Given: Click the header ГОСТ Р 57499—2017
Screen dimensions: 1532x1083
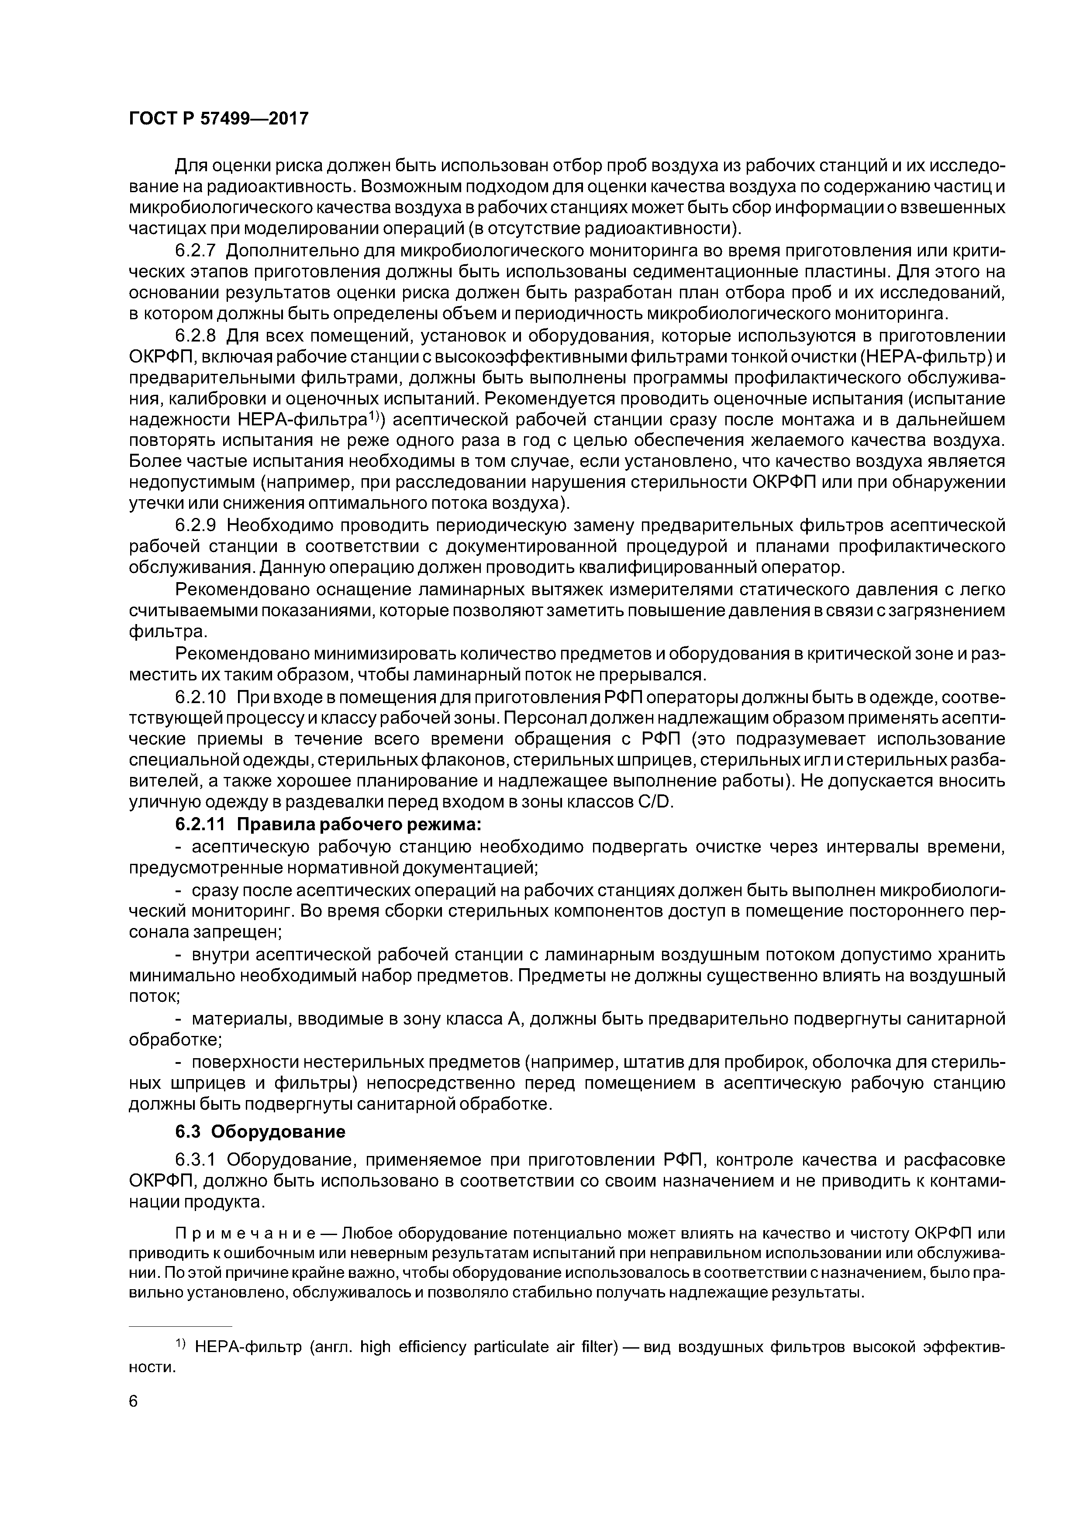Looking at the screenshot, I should pyautogui.click(x=218, y=119).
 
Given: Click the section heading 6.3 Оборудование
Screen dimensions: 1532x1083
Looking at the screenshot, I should pyautogui.click(x=260, y=1132).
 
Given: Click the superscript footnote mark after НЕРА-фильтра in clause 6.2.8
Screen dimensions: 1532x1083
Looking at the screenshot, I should pyautogui.click(x=375, y=417).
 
